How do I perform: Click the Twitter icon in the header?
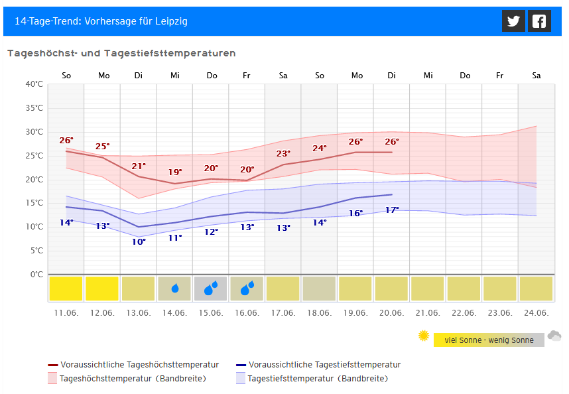[x=513, y=21]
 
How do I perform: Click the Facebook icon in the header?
[x=539, y=21]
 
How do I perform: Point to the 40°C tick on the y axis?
[x=34, y=84]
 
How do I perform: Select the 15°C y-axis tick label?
[x=34, y=203]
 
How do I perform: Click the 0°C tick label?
[x=36, y=275]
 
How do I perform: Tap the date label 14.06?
[x=175, y=312]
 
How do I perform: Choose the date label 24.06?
[x=536, y=312]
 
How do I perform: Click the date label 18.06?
[x=320, y=312]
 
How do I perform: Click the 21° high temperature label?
[x=139, y=166]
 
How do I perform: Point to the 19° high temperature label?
[x=175, y=172]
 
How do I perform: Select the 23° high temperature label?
[x=283, y=154]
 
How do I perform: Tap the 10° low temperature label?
[x=139, y=241]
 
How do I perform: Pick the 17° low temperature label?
[x=392, y=210]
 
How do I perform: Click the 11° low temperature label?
[x=175, y=237]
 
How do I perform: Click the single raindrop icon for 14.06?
[x=175, y=289]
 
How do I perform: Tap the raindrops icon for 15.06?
[x=211, y=289]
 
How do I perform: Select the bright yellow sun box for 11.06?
[x=66, y=289]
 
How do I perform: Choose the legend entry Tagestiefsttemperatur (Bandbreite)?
[x=317, y=379]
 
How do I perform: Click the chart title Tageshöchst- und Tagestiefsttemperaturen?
[x=121, y=53]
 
